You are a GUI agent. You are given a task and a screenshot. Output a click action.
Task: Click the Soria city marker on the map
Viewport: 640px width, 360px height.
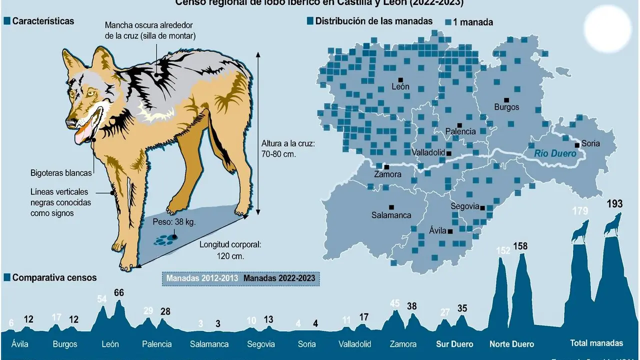[577, 145]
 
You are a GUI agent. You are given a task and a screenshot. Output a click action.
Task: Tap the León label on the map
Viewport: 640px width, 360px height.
[400, 86]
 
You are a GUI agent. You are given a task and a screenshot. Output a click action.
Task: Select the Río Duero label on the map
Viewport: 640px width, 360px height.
[555, 154]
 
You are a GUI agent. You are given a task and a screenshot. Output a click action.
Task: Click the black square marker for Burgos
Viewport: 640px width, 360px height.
[506, 100]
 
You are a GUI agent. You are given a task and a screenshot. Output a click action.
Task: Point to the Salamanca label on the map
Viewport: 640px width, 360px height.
[391, 215]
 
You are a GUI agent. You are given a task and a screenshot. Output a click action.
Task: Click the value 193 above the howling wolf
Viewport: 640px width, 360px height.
[614, 204]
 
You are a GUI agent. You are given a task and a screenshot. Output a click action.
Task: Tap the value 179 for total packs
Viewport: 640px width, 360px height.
[580, 211]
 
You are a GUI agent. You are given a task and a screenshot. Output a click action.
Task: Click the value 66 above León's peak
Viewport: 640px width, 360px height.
[118, 293]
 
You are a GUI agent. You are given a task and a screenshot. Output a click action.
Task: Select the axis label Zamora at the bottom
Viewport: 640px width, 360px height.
[403, 344]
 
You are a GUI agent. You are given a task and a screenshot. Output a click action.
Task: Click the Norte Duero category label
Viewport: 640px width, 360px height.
[511, 344]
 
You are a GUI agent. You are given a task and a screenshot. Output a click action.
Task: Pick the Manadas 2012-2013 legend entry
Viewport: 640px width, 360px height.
[202, 278]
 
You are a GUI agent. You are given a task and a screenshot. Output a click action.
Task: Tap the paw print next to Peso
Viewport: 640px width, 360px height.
[163, 240]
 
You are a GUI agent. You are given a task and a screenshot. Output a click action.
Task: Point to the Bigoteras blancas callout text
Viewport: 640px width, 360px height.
[61, 173]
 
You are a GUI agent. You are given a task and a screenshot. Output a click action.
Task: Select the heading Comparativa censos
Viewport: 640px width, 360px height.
[54, 277]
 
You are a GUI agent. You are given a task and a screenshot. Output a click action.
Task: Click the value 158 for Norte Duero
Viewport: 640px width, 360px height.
[520, 246]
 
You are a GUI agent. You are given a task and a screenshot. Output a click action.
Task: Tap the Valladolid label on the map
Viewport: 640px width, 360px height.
[428, 152]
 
